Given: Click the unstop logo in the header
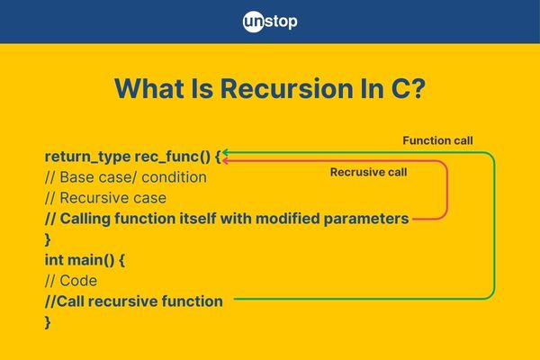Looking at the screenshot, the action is tap(270, 22).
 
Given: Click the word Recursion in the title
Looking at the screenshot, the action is tap(287, 88).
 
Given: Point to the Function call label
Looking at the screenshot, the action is tap(437, 140).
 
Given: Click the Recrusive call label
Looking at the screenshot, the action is tap(368, 172).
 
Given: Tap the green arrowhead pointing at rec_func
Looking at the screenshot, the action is tap(225, 153).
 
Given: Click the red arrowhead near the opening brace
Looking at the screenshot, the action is tap(225, 161).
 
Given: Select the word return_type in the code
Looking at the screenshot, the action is tap(87, 157).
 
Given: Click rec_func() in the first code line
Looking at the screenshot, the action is tap(172, 157).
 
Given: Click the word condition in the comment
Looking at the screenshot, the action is tap(174, 177).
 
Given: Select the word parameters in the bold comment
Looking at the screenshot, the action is tap(366, 219).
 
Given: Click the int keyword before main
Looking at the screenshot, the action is tap(54, 260).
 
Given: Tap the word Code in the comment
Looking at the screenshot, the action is tap(78, 281).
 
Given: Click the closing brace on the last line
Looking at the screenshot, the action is tap(48, 322).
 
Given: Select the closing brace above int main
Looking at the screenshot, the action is tap(48, 239).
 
